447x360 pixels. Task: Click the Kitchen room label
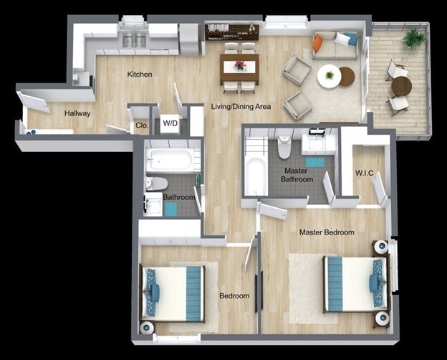[x=140, y=75]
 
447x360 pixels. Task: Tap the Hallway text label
[x=77, y=113]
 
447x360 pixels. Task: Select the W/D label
[x=170, y=123]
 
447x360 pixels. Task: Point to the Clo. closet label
[x=141, y=125]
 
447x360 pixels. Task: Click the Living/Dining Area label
[x=241, y=107]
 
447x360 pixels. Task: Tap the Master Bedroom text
[x=326, y=232]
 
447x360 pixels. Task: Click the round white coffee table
[x=329, y=76]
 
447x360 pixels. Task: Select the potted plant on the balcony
[x=413, y=37]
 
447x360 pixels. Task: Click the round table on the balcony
[x=401, y=87]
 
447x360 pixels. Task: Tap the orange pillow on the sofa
[x=317, y=44]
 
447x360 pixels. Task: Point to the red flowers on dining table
[x=239, y=65]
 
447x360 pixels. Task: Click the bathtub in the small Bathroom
[x=170, y=160]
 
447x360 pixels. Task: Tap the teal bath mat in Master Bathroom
[x=314, y=162]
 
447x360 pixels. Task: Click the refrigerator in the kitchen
[x=188, y=39]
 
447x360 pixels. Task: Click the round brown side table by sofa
[x=347, y=76]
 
